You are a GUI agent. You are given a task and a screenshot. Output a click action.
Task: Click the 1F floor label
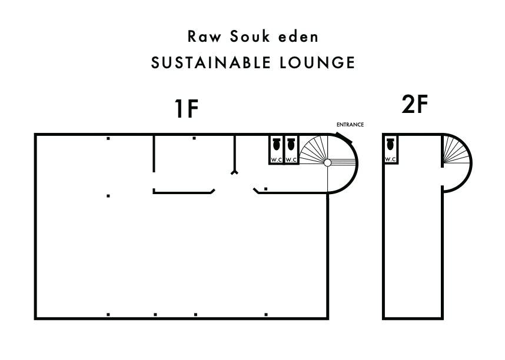pos(187,109)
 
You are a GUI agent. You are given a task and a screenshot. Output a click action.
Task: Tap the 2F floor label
pos(414,105)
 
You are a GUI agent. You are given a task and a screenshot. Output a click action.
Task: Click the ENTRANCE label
pos(350,125)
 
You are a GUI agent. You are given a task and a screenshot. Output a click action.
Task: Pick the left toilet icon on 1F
pos(277,145)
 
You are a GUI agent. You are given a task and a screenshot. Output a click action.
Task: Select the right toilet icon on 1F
pos(291,145)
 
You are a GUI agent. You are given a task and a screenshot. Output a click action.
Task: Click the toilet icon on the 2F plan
pos(390,144)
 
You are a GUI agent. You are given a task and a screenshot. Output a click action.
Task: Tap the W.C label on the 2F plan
pos(390,159)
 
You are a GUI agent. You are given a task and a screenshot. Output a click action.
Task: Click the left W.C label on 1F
pos(277,160)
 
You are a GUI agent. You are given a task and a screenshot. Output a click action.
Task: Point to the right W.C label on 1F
pos(291,160)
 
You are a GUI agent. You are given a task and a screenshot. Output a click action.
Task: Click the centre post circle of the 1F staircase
pos(328,162)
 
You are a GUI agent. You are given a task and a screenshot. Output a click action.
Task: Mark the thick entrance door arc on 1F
pos(344,138)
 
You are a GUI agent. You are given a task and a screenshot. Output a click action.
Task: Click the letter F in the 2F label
pos(421,105)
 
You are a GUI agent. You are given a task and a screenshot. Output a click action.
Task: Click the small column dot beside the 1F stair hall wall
pos(266,189)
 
